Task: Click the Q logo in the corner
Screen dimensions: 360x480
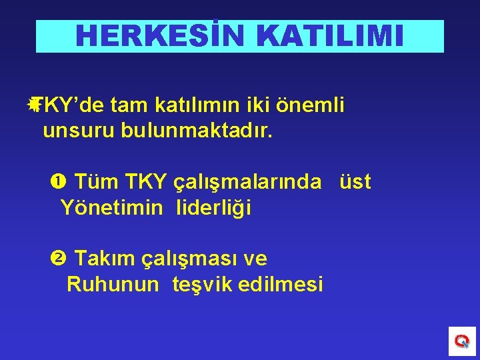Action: [x=461, y=341]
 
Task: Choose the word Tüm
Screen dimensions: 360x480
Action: [x=93, y=181]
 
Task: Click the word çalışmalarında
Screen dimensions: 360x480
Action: [x=247, y=182]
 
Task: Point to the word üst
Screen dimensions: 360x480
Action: [x=355, y=181]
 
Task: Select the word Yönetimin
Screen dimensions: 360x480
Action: [x=111, y=208]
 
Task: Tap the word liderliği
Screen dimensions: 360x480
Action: [x=213, y=208]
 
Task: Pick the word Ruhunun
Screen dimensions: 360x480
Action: [x=113, y=285]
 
